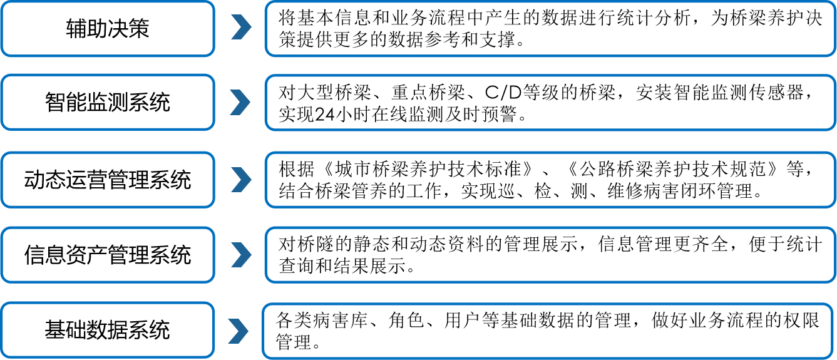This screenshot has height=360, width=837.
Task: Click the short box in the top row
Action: (108, 29)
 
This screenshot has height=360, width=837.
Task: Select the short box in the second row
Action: (108, 102)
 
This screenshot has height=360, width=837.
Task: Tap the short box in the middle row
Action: (108, 180)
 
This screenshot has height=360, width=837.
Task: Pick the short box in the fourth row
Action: (108, 255)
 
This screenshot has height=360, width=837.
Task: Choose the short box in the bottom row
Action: (108, 330)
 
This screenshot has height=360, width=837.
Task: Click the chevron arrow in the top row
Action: (241, 29)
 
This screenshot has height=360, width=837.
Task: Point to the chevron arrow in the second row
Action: (240, 103)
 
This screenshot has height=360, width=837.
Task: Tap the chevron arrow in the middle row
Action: (241, 180)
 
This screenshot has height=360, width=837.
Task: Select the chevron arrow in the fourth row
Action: (241, 255)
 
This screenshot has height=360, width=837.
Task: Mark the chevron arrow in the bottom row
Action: (238, 331)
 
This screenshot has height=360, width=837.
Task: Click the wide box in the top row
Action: (550, 29)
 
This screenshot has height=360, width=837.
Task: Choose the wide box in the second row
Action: (550, 103)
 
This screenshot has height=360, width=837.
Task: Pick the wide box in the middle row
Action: (550, 180)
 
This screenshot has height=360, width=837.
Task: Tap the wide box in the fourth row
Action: (550, 255)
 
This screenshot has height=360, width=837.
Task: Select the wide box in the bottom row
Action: (548, 331)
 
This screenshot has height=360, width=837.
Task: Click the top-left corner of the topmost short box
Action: (2, 2)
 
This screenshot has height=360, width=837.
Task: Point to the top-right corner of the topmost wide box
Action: (834, 2)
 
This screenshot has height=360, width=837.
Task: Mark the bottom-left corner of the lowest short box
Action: (2, 357)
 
